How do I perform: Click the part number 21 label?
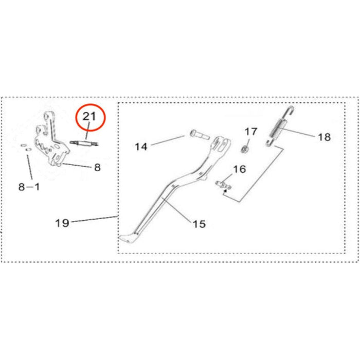pos(90,117)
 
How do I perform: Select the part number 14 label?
pos(141,147)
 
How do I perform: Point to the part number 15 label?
pos(199,224)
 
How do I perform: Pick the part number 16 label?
pos(240,169)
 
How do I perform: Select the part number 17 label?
pos(250,131)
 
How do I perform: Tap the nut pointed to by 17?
pos(246,149)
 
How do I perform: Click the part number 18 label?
pos(324,137)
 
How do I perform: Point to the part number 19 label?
pos(62,223)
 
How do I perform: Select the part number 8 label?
pos(97,167)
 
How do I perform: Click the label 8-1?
pos(29,187)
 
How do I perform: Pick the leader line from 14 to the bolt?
pos(167,141)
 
